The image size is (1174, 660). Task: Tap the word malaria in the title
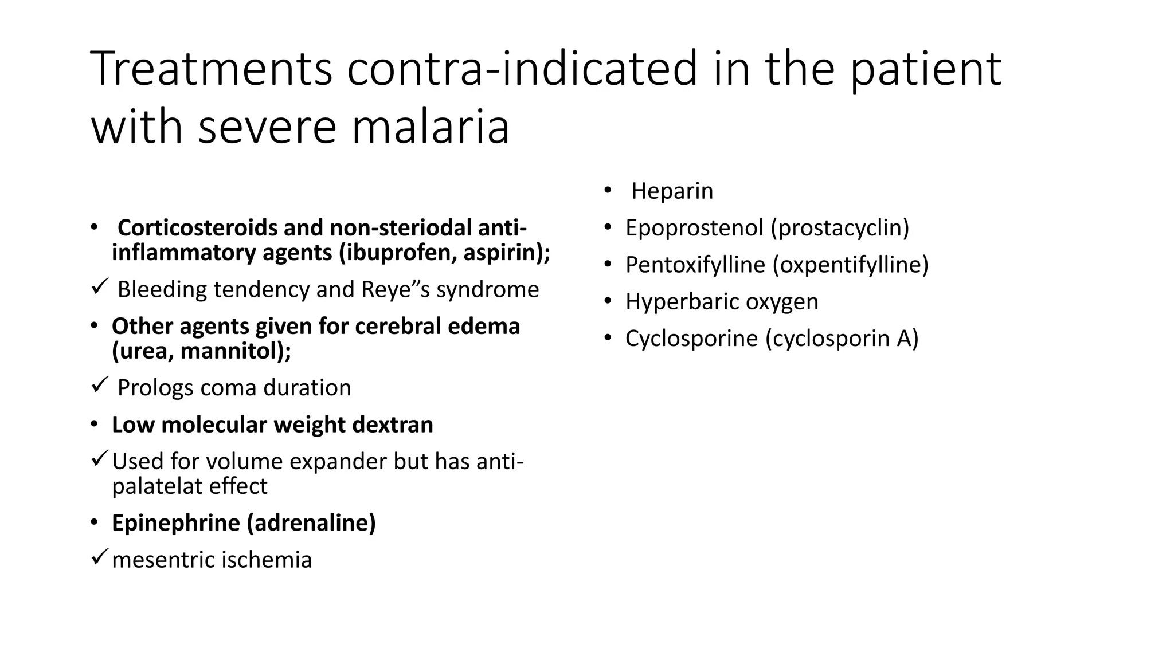tap(430, 127)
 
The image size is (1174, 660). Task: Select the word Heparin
tap(672, 191)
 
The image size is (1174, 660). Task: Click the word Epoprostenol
tap(694, 228)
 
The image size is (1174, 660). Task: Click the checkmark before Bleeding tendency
tap(100, 286)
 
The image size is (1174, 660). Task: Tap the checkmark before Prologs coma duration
tap(100, 385)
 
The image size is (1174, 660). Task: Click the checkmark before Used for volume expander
tap(100, 458)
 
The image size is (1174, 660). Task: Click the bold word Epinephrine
tap(175, 523)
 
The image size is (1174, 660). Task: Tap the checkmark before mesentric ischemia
tap(100, 556)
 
